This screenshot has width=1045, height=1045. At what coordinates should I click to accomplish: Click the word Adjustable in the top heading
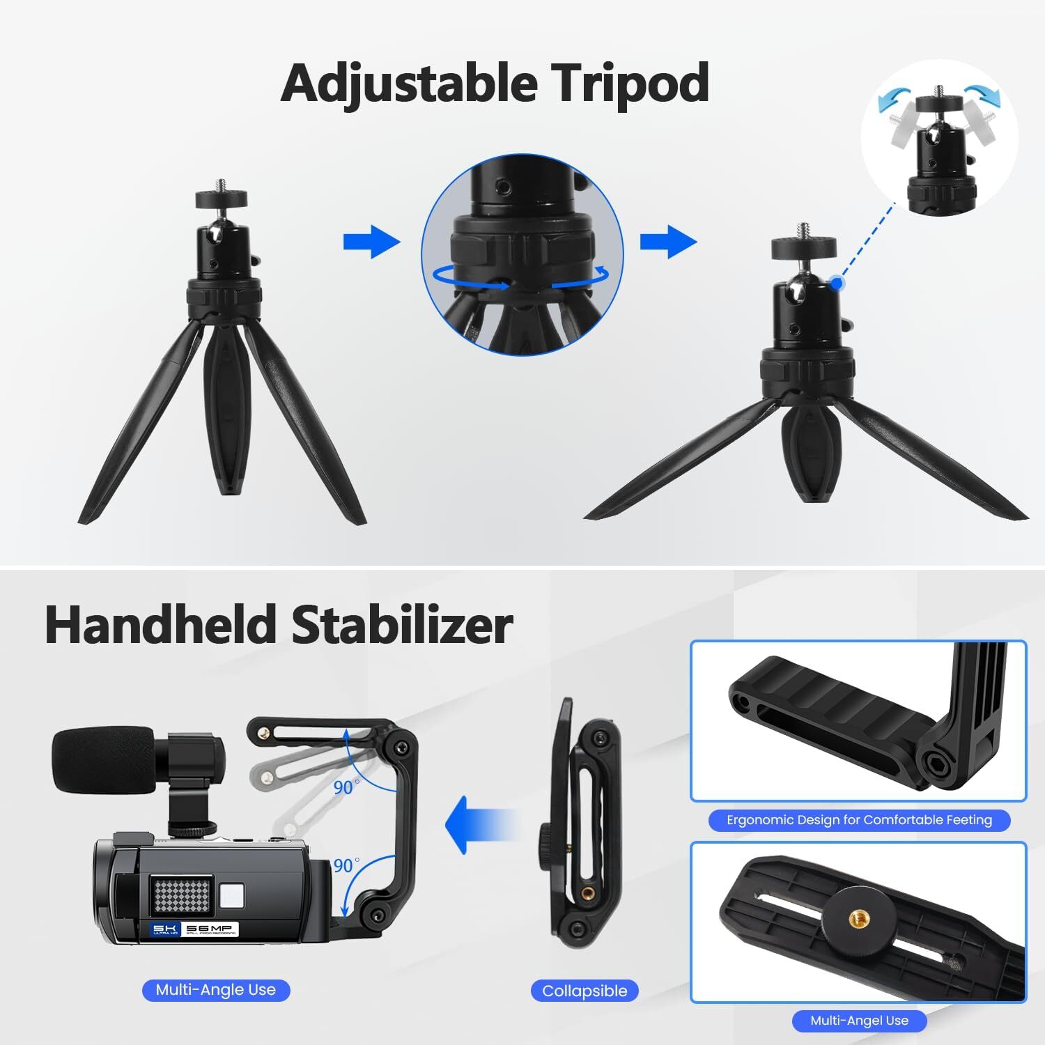click(x=409, y=84)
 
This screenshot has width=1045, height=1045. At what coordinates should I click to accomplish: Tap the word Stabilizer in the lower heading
click(x=402, y=625)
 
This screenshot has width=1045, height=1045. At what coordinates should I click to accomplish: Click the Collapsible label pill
click(x=585, y=991)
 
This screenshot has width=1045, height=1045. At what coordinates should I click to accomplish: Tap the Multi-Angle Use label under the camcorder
click(x=216, y=990)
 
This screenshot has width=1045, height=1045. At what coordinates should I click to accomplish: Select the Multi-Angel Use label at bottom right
click(x=859, y=1021)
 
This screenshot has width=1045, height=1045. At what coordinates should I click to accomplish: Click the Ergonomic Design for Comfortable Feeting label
click(x=859, y=820)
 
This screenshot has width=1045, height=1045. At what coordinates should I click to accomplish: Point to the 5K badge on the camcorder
click(x=166, y=930)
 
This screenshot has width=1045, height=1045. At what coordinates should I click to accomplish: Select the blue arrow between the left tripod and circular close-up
click(x=371, y=242)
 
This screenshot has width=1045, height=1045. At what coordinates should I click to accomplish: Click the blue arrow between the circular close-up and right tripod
click(x=668, y=242)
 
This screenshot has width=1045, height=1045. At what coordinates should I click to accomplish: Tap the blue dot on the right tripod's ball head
click(x=836, y=283)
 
